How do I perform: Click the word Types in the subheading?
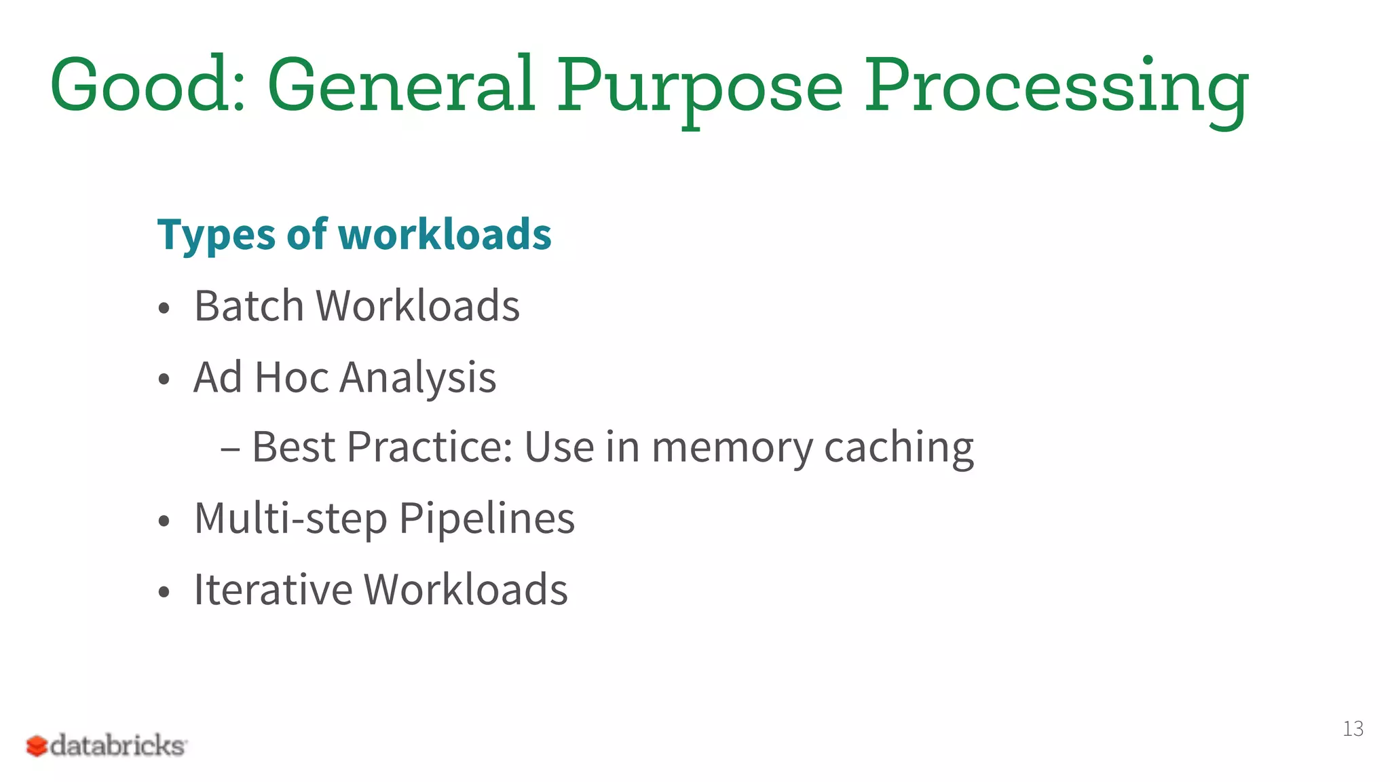click(215, 236)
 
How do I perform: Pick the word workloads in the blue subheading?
click(445, 234)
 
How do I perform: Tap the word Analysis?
click(418, 378)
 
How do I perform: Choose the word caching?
click(899, 448)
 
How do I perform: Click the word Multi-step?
click(290, 519)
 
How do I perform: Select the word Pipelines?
click(487, 519)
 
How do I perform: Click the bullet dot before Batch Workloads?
click(163, 309)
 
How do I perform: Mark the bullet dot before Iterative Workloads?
click(163, 592)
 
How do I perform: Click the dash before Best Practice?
click(230, 449)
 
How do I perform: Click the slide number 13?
click(1353, 728)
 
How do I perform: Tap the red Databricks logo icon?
click(37, 746)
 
